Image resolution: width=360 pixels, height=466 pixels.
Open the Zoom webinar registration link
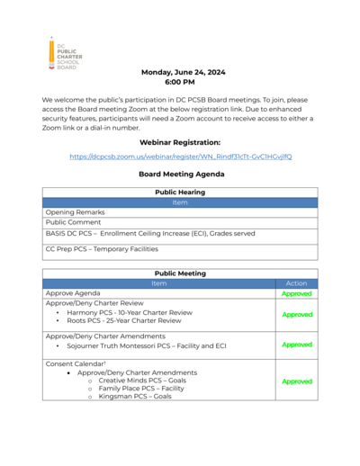tap(180, 157)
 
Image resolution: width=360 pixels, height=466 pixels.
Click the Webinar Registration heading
tap(179, 142)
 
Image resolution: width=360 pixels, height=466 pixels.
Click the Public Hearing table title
tap(180, 193)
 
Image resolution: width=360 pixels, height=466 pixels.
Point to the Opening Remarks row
tap(75, 212)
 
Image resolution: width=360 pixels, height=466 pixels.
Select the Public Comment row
tap(74, 222)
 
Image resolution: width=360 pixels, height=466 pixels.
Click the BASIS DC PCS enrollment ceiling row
tap(149, 233)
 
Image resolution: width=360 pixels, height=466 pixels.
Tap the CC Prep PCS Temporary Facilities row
tap(102, 248)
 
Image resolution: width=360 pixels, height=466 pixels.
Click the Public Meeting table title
tap(180, 273)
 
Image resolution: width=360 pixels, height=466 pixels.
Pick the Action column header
tap(296, 283)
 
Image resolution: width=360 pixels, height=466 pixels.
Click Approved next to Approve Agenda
tap(296, 293)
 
